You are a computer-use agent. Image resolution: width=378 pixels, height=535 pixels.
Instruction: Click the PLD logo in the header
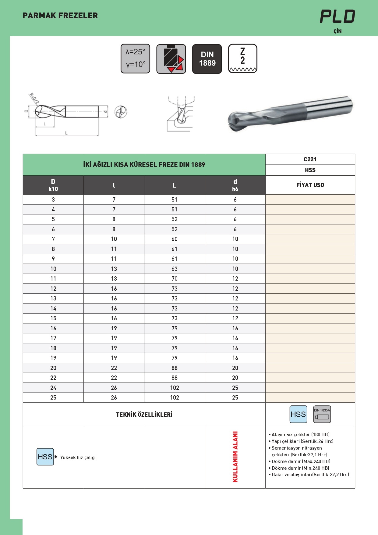pyautogui.click(x=337, y=17)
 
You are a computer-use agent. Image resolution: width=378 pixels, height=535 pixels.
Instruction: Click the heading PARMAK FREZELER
pyautogui.click(x=60, y=16)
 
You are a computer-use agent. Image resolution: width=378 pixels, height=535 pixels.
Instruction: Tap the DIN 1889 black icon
pyautogui.click(x=207, y=59)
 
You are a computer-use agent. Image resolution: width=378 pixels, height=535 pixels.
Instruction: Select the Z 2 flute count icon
pyautogui.click(x=243, y=59)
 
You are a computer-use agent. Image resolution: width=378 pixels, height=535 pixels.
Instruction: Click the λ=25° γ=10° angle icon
pyautogui.click(x=136, y=59)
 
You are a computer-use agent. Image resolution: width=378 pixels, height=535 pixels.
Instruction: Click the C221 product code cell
pyautogui.click(x=310, y=159)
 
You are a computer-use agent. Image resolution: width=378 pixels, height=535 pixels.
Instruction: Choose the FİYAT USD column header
pyautogui.click(x=310, y=185)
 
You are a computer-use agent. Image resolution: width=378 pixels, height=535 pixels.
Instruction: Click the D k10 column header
pyautogui.click(x=53, y=185)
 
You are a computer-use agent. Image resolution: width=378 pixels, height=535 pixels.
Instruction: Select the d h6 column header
pyautogui.click(x=235, y=185)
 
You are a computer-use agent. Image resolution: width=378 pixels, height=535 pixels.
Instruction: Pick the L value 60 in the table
pyautogui.click(x=175, y=239)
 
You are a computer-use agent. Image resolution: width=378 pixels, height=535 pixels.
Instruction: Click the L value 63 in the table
pyautogui.click(x=175, y=269)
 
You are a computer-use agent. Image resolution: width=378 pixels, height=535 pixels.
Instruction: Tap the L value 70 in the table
pyautogui.click(x=175, y=279)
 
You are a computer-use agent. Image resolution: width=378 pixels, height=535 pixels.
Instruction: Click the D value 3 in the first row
pyautogui.click(x=53, y=200)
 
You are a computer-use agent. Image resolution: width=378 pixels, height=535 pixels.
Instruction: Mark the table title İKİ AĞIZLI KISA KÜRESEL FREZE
pyautogui.click(x=144, y=165)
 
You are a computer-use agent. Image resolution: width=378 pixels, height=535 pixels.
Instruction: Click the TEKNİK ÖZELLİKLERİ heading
pyautogui.click(x=144, y=415)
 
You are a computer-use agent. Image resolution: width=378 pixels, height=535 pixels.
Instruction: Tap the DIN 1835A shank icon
pyautogui.click(x=322, y=414)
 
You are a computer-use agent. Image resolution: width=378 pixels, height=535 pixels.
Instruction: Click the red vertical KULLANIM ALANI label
pyautogui.click(x=235, y=457)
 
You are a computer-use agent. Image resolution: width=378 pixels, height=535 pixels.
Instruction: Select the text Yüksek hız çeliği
pyautogui.click(x=78, y=458)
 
